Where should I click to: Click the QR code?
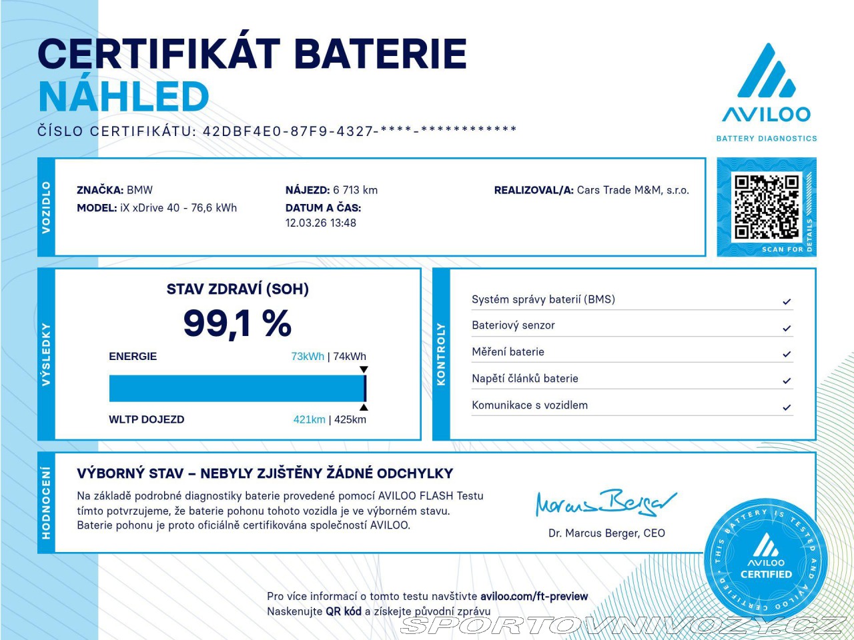767,207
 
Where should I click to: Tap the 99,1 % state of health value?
237,324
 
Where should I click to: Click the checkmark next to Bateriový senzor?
787,328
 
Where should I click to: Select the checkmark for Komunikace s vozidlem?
787,407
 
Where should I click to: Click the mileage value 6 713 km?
355,190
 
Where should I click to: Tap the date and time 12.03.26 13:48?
321,223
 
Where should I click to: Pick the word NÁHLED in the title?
123,97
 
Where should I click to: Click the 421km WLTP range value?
309,419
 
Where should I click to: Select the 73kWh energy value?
308,357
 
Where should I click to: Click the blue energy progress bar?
237,388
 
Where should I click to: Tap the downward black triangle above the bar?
364,369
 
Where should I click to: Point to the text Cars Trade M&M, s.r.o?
632,190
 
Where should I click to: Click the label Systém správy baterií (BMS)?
543,299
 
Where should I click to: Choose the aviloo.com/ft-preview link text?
534,597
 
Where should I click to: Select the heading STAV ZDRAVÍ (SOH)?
238,289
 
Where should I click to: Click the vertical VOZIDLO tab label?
46,207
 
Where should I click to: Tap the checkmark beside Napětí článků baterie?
787,381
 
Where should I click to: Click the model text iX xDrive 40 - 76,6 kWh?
178,208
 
